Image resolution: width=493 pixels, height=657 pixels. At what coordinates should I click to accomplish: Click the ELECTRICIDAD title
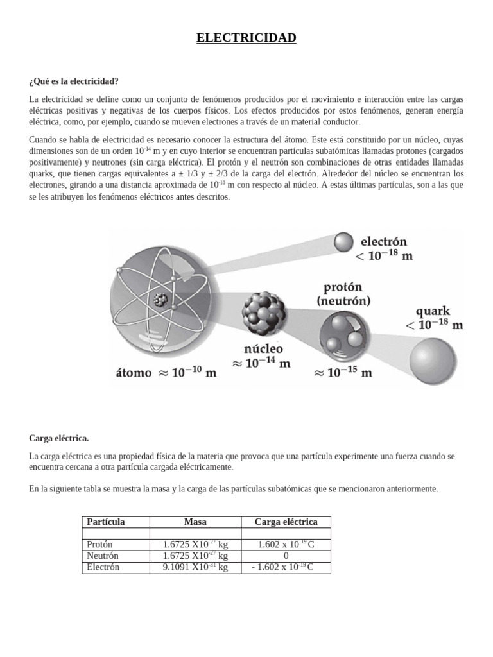(246, 38)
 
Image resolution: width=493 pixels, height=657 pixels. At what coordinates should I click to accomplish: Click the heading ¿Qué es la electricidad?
(74, 81)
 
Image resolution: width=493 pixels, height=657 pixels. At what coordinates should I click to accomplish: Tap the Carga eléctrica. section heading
(59, 438)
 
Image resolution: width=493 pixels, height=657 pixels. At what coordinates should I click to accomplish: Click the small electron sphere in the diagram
(344, 242)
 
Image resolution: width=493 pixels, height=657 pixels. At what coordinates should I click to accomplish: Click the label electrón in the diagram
(384, 243)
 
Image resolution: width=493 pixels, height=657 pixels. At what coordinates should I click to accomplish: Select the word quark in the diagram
(433, 311)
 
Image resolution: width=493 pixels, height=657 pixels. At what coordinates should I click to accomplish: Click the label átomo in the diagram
(134, 373)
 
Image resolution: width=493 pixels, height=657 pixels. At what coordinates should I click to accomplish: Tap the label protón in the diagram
(343, 286)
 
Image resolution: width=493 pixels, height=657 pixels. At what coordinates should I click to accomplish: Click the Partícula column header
(105, 522)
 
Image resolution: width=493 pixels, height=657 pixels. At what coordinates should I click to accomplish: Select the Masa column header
(195, 522)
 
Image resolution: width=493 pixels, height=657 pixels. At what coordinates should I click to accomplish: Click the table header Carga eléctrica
(286, 522)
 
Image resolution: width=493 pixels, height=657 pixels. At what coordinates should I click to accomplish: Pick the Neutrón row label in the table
(103, 556)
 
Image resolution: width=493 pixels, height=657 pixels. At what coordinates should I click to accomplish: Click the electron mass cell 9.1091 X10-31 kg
(195, 567)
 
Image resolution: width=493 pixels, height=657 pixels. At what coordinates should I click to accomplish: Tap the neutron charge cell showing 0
(286, 556)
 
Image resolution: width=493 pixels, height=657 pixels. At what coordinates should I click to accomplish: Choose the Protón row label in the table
(101, 544)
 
